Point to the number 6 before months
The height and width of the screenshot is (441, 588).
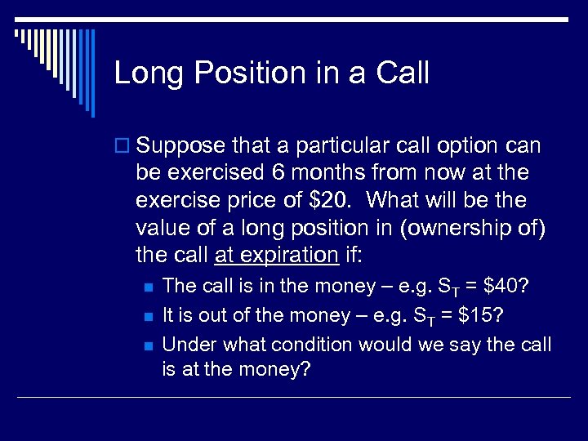click(x=273, y=173)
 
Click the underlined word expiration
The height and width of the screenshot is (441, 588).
click(x=276, y=254)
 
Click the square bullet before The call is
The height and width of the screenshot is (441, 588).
click(x=146, y=287)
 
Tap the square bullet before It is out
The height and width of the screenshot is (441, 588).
click(x=146, y=316)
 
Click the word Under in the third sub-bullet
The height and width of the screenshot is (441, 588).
click(x=186, y=345)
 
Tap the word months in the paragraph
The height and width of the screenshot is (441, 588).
click(x=318, y=173)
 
